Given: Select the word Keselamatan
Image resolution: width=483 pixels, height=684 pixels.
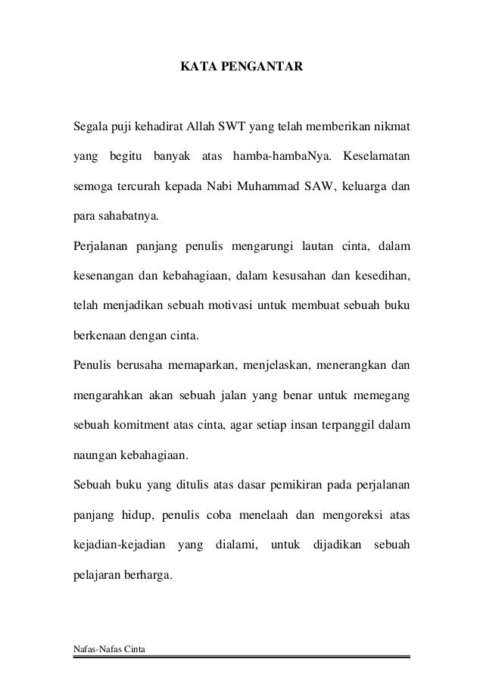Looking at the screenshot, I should point(376,157).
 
